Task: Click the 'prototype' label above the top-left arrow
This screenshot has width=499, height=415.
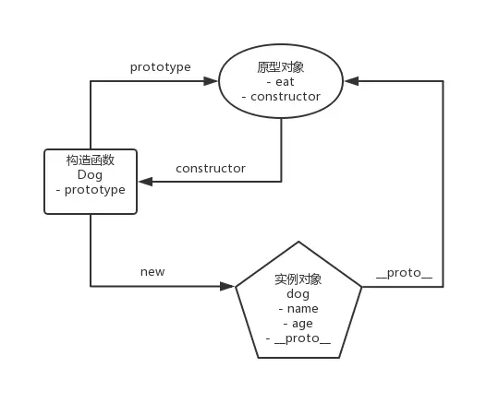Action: [161, 67]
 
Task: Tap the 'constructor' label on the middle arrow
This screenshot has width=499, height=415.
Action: [211, 168]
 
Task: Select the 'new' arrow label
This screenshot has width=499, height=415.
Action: [152, 272]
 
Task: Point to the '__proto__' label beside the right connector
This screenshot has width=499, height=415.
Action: [404, 273]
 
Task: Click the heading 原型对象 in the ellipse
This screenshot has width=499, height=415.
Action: [281, 67]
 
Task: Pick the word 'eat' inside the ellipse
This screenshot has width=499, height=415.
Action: [285, 82]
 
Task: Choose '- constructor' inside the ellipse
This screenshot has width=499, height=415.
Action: [281, 97]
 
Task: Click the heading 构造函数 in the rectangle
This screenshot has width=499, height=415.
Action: [91, 160]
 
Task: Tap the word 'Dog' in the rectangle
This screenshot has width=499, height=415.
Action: [90, 175]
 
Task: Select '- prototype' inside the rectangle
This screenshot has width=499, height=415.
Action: [91, 190]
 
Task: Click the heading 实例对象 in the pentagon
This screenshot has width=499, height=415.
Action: [298, 279]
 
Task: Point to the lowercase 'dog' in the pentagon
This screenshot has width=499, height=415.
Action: [298, 294]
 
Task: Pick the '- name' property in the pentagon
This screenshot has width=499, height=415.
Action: [298, 309]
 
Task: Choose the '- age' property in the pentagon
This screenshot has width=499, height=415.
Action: [298, 324]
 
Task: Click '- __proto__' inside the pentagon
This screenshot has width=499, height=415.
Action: [298, 338]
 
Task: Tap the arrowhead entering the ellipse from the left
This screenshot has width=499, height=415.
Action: [211, 81]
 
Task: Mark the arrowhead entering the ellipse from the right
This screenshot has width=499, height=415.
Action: [352, 81]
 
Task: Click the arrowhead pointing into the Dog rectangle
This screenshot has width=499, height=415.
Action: [145, 182]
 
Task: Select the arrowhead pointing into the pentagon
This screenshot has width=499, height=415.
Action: [227, 287]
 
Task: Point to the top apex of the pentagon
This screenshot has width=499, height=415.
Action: [298, 242]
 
